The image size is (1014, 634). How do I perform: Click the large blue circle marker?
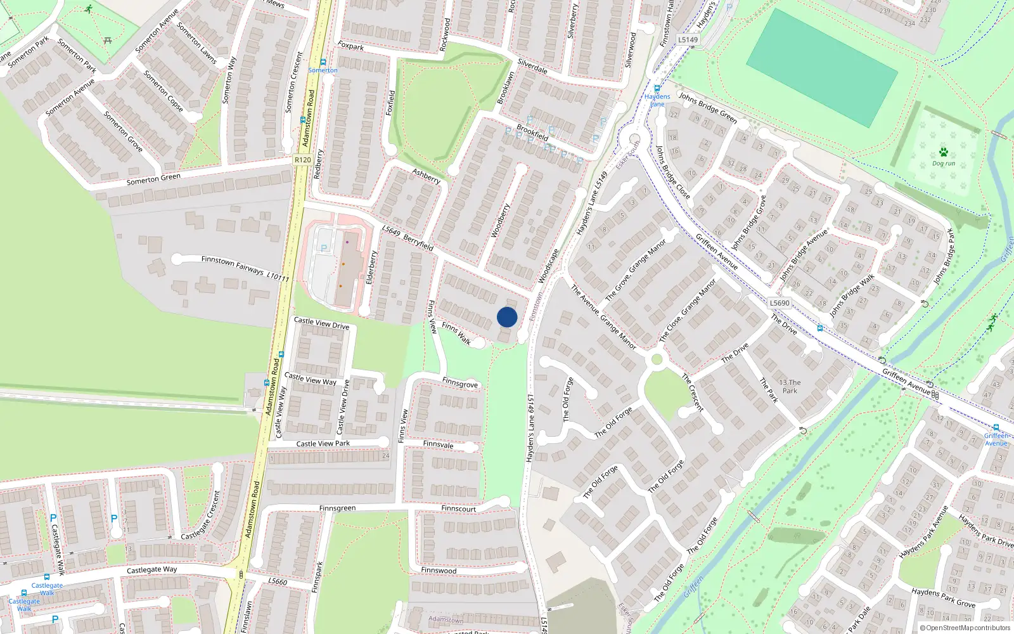[x=507, y=317]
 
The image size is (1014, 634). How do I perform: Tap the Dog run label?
[x=943, y=164]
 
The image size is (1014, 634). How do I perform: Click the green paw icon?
[x=944, y=152]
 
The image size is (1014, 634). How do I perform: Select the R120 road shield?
[x=303, y=160]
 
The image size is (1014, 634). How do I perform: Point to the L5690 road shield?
[x=780, y=303]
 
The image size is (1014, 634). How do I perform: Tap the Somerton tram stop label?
[x=323, y=70]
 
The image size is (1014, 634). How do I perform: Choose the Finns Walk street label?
[x=456, y=333]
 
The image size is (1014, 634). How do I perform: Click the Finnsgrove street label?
[x=460, y=384]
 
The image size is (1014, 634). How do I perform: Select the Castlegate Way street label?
[x=151, y=570]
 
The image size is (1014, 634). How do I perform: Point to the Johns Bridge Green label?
[x=708, y=107]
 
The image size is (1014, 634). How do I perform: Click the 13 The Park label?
[x=790, y=387]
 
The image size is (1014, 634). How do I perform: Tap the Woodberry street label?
[x=500, y=221]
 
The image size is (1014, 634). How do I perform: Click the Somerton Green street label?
[x=153, y=179]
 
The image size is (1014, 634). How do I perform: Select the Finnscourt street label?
[x=458, y=508]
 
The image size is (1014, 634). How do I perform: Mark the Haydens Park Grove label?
[x=943, y=597]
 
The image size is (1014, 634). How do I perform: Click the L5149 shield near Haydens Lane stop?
[x=688, y=39]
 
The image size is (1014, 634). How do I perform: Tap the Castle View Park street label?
[x=323, y=444]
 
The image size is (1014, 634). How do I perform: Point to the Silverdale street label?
[x=532, y=66]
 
